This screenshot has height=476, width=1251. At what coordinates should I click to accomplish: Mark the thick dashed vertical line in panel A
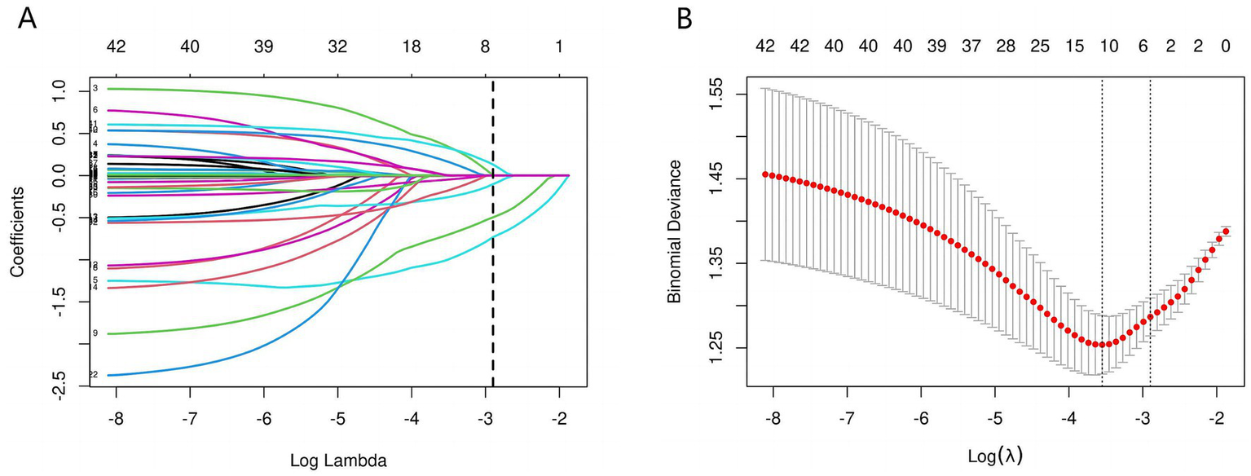(492, 245)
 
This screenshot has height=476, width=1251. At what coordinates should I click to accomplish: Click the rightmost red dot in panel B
(1226, 231)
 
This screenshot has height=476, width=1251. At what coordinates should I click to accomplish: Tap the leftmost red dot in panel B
(764, 174)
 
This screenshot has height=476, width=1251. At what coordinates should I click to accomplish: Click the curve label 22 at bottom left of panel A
(93, 375)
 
